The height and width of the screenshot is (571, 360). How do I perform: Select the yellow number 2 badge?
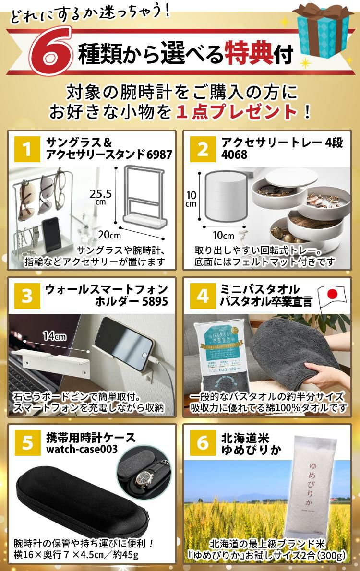(203, 150)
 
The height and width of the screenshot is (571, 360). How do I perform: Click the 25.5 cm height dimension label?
(101, 197)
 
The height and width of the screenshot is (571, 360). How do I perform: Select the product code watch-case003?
(84, 451)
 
